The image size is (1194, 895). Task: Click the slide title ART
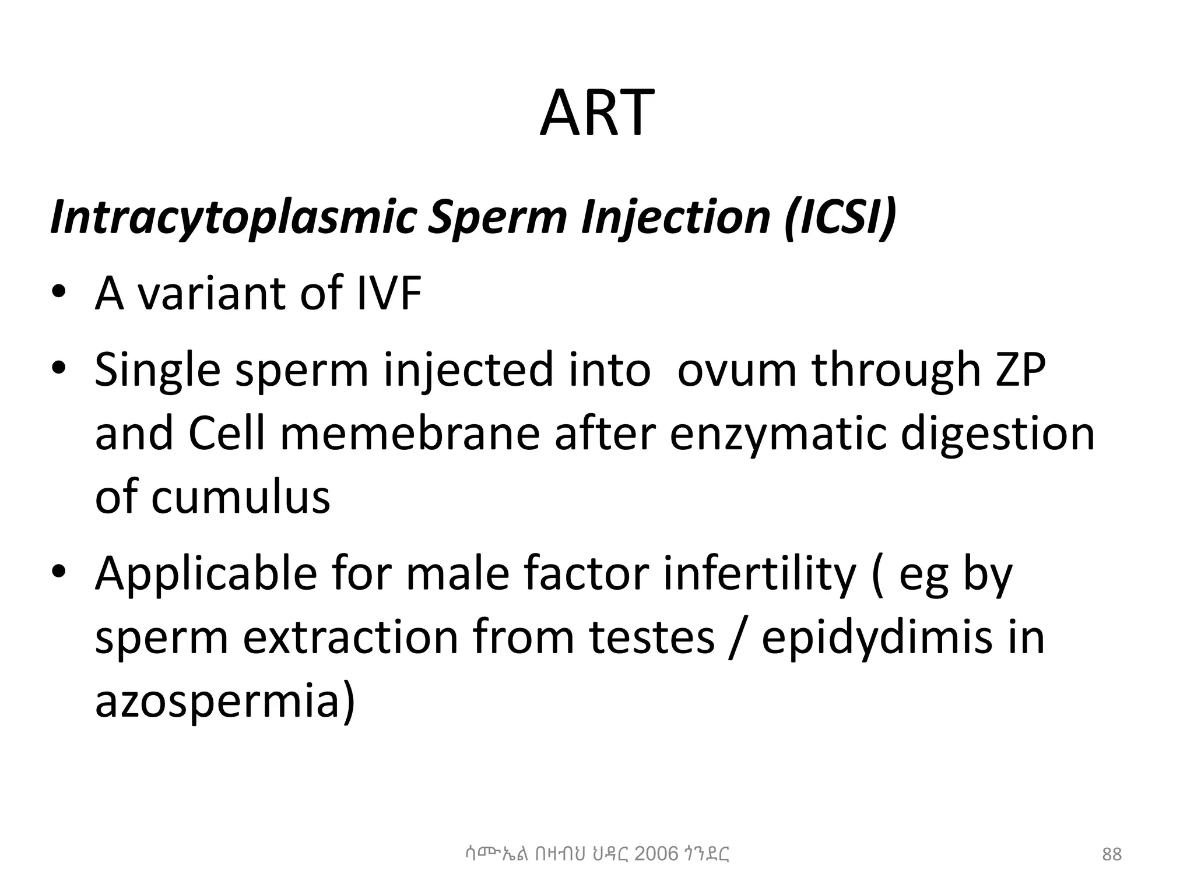click(x=596, y=113)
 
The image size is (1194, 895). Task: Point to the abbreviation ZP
click(x=1020, y=369)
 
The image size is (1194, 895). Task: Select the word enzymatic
click(x=778, y=434)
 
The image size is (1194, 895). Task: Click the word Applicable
click(x=205, y=575)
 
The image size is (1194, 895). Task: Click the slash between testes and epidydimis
click(x=738, y=639)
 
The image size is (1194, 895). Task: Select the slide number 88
click(x=1112, y=854)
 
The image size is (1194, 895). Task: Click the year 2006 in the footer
click(x=656, y=854)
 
